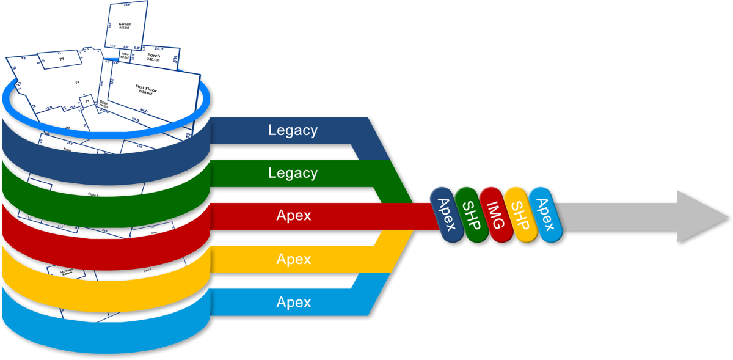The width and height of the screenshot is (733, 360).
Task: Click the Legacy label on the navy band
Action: point(293,130)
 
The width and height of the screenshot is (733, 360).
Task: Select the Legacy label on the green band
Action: point(293,173)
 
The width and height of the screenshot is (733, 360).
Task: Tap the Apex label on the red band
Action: point(293,216)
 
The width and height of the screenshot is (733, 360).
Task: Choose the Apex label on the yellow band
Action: point(293,259)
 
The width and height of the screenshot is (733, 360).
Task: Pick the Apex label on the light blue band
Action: point(293,302)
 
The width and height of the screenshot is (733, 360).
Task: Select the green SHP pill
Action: point(471,214)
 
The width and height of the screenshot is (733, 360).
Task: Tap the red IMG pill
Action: point(495,214)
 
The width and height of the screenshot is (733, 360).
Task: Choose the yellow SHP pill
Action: point(520,214)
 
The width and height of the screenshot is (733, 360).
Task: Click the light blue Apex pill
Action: point(544,214)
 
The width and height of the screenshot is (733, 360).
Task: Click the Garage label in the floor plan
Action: point(125,24)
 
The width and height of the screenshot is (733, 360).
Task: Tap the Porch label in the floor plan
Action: point(154,56)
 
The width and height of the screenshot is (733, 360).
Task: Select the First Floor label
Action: point(147,87)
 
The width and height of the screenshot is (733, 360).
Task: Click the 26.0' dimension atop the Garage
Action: point(127,4)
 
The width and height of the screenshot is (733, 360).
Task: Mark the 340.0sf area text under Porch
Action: point(154,61)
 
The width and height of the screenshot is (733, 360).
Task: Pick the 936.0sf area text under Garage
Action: point(125,28)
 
